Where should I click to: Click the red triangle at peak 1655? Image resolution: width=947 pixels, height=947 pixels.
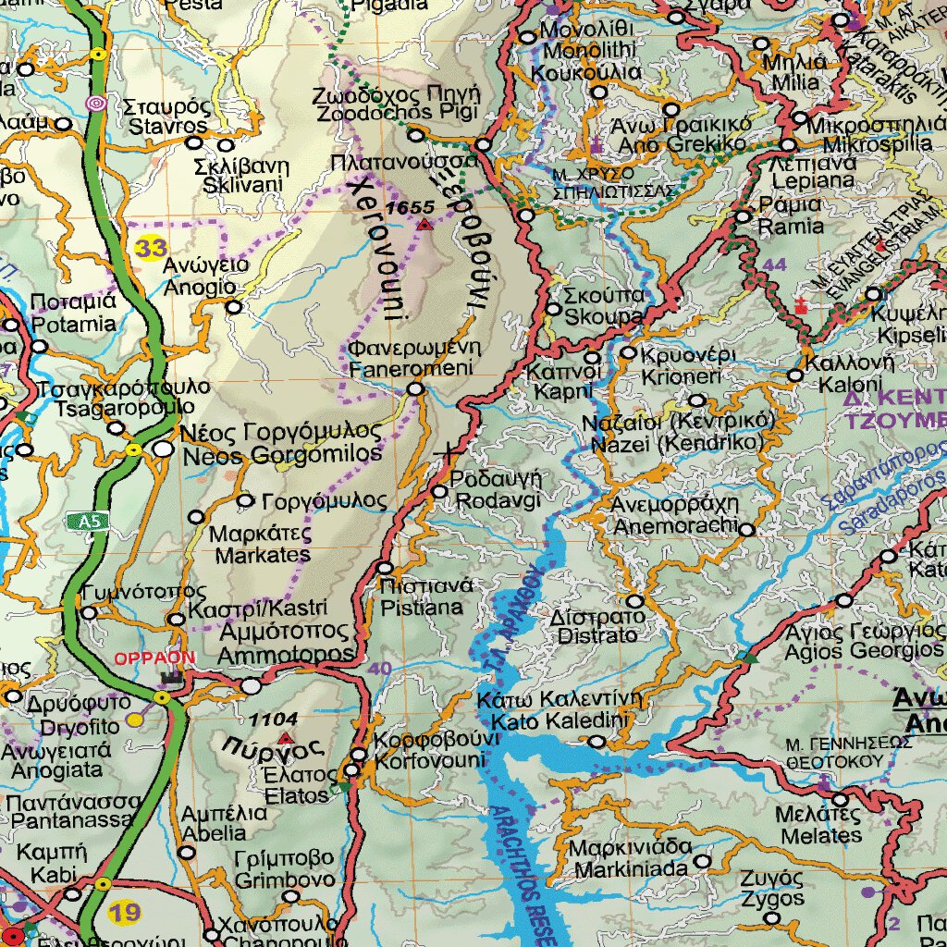424,225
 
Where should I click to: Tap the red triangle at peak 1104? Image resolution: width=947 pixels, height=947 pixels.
286,738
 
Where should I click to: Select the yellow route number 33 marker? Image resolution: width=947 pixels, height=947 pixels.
150,248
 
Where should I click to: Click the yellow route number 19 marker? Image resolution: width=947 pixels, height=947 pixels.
126,914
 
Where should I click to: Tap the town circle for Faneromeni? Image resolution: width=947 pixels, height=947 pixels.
416,390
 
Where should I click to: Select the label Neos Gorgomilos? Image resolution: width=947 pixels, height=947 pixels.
282,454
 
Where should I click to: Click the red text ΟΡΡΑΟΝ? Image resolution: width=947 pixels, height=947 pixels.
154,658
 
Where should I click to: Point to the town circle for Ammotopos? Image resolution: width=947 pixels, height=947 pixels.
252,686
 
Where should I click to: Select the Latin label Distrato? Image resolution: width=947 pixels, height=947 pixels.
597,635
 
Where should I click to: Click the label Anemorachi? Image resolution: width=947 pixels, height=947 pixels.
675,525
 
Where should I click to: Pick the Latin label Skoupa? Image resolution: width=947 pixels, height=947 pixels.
604,316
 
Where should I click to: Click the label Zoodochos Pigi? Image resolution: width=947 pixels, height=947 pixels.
397,113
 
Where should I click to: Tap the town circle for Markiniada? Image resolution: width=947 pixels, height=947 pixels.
703,861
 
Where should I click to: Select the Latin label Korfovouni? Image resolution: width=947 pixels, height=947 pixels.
430,760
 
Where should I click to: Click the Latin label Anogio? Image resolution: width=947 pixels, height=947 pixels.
199,287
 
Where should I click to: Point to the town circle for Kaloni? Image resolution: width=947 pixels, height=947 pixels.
795,375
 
